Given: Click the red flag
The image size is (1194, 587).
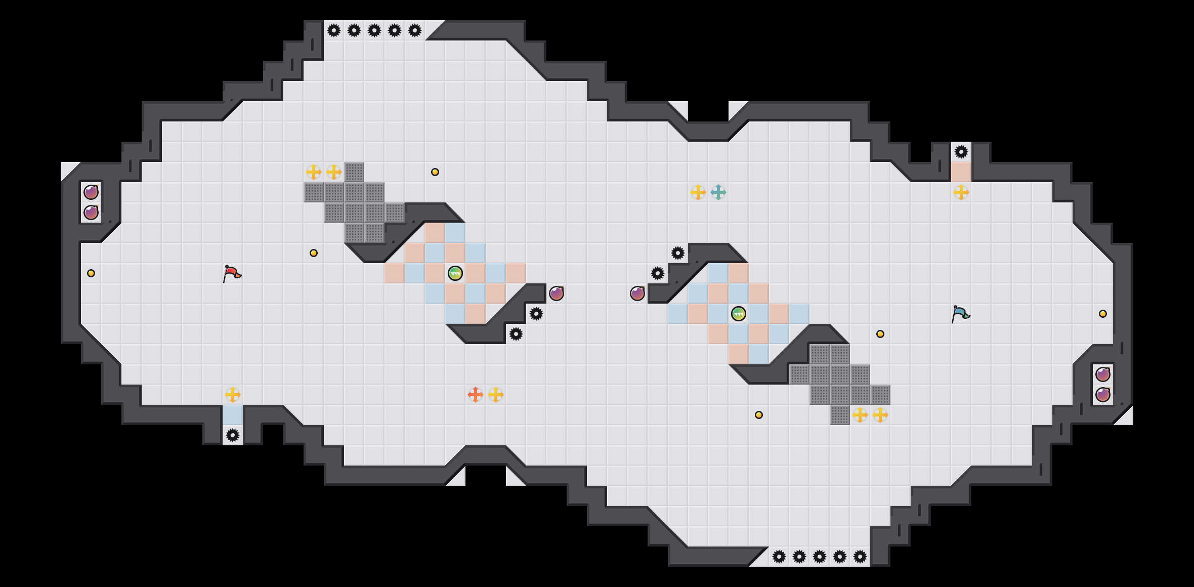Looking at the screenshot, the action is coord(232,273).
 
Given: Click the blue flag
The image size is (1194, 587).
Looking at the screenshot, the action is coord(960,314).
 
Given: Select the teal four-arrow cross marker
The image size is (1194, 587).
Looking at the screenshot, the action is coord(718,192).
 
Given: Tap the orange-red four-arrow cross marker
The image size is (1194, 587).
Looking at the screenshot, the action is coord(476,395).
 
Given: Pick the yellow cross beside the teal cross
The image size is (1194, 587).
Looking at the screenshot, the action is coord(698,192).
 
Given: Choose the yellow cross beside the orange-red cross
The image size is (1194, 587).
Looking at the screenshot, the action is coord(496,395).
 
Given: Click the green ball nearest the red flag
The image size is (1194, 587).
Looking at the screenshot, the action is coord(455,273).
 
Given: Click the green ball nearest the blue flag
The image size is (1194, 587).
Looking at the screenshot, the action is coord(739,314).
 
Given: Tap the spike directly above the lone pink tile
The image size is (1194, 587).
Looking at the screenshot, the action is coord(961,152).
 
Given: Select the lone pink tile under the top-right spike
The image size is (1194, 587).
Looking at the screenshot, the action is coord(961,172).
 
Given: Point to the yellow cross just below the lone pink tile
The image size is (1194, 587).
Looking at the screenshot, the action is coord(961,192).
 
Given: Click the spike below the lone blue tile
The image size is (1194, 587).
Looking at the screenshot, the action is coord(233,435).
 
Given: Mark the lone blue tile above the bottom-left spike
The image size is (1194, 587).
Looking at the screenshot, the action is coord(233,415).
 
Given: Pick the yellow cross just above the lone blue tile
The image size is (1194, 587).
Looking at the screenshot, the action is coord(233,395).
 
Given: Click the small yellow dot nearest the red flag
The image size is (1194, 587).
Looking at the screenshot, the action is coord(314,253).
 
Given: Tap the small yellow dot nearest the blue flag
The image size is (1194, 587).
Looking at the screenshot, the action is coord(880,334).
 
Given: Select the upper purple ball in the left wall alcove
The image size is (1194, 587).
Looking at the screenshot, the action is coord(91,192).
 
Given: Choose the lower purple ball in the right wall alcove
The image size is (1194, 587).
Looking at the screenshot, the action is coord(1103,395).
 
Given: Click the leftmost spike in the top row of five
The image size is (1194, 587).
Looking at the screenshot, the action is coord(334,30).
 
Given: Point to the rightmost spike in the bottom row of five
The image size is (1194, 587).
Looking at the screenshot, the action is coord(860,557).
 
